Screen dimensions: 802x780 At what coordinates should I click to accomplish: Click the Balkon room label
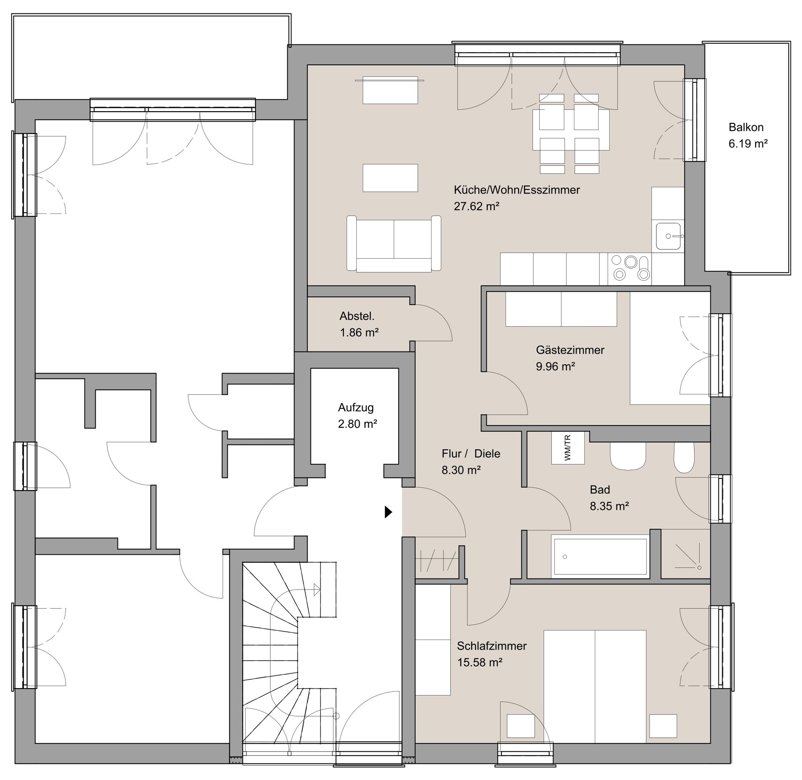tap(746, 127)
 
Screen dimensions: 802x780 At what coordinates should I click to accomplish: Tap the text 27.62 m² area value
tap(477, 206)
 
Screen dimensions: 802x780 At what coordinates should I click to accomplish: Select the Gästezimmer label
tap(570, 350)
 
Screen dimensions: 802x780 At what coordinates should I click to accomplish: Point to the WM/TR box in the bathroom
tap(568, 447)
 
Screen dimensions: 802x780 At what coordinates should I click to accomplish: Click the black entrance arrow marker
tap(388, 512)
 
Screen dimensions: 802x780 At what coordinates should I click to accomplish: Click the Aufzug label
tap(356, 407)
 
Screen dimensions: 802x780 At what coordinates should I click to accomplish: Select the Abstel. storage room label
tap(357, 316)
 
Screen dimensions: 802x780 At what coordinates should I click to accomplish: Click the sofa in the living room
tap(393, 244)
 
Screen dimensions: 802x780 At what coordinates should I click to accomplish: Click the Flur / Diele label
tap(471, 453)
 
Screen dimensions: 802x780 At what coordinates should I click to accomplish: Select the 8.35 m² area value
tap(609, 506)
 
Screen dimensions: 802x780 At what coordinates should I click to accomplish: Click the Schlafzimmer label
tap(492, 645)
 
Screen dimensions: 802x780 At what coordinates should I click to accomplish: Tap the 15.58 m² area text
tap(480, 662)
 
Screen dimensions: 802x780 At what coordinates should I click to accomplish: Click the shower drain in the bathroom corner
tap(699, 567)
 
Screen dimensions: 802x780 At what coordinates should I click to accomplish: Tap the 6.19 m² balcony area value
tap(748, 144)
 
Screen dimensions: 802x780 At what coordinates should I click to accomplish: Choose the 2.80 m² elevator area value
tap(358, 424)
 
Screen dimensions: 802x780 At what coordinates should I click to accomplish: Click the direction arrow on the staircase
tap(317, 589)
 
